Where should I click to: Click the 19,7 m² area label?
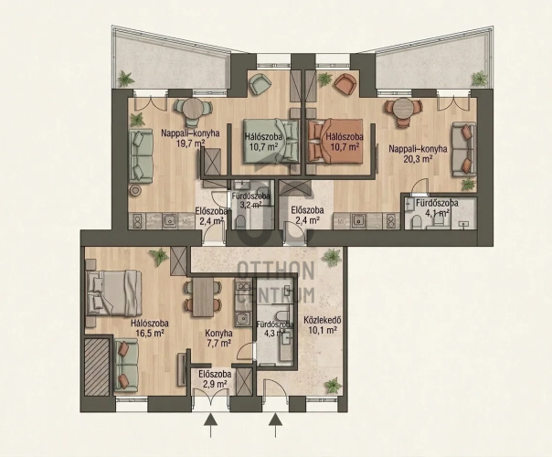190,143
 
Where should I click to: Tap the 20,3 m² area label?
418,159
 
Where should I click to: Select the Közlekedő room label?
321,321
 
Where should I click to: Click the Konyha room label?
218,333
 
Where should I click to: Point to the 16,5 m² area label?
149,333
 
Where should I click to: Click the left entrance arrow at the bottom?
210,425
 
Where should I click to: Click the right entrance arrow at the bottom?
275,425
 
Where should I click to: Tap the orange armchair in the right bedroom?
345,84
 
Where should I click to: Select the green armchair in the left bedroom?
260,84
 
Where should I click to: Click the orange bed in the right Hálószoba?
335,141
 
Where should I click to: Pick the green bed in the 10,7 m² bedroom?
271,141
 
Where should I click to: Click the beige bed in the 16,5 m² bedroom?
113,292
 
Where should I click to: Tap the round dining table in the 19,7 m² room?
193,108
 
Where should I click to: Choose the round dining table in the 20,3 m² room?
403,109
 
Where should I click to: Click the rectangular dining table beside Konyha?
204,298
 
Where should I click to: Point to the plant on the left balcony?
126,79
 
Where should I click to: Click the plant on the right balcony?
479,79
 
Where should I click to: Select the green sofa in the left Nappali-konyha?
141,155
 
